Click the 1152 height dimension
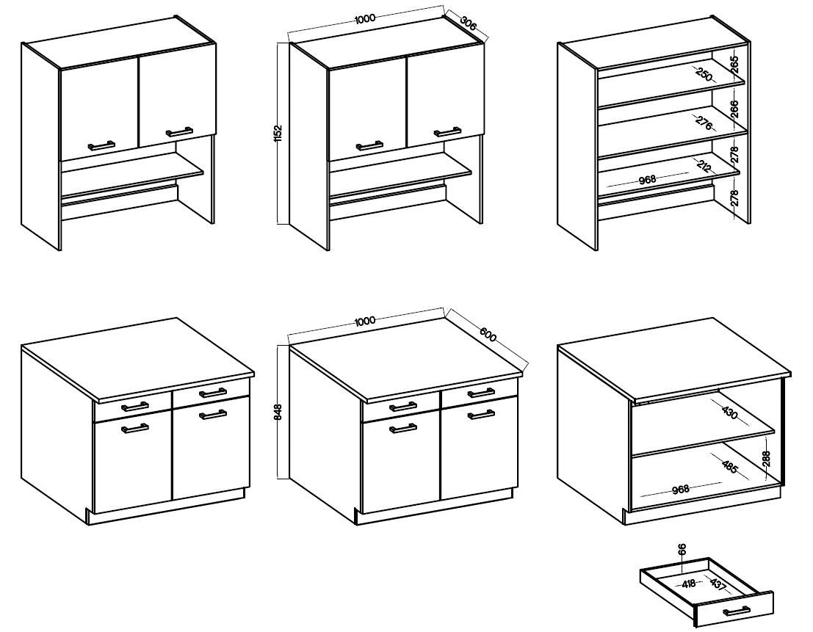(278, 134)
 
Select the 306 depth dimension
(469, 24)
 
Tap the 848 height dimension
(278, 412)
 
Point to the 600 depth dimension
(488, 335)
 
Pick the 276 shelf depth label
(704, 123)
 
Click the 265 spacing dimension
(734, 65)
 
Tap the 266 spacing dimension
(734, 109)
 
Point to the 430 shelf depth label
(730, 413)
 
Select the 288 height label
(767, 459)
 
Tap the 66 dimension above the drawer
(682, 549)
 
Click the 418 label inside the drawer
(689, 584)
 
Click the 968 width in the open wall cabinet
(648, 179)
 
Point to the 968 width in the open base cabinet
(680, 489)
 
